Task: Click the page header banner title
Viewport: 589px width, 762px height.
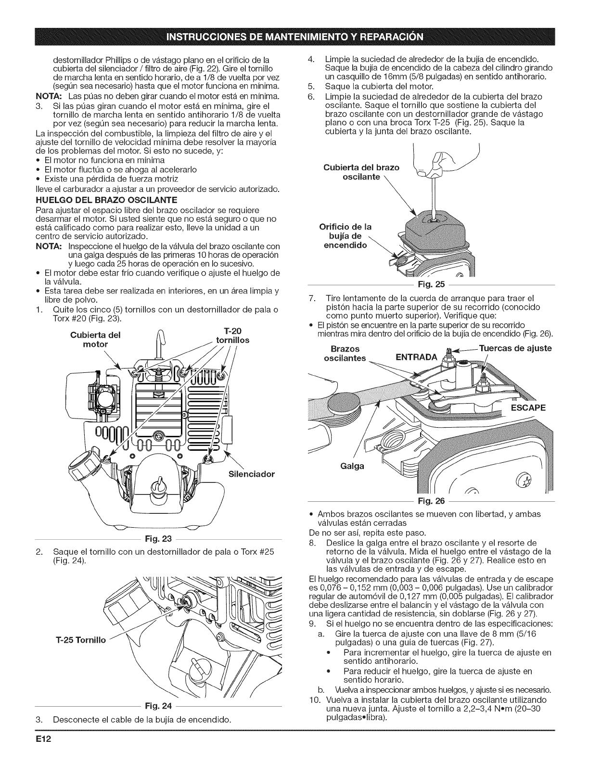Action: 294,36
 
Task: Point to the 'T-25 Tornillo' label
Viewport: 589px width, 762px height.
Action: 78,639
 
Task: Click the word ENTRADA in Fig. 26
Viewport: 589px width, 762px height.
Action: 416,357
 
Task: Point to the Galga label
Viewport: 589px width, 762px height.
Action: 354,466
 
